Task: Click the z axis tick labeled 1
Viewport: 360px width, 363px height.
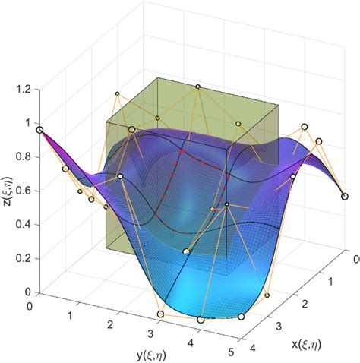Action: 26,123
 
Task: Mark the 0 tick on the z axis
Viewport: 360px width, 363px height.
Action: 26,292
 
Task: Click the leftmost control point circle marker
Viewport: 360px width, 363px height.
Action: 39,131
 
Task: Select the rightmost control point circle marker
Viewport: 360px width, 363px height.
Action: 345,195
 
